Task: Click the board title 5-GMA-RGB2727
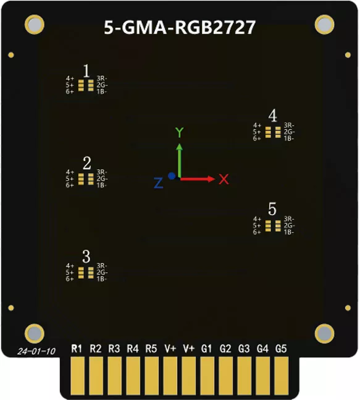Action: [180, 27]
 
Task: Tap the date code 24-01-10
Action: [36, 351]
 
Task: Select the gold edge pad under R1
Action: [77, 376]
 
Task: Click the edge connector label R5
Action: [151, 349]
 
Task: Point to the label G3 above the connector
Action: [244, 349]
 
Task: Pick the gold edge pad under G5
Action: [282, 376]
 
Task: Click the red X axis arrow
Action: [198, 179]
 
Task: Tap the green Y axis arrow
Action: [180, 161]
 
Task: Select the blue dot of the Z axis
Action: [172, 176]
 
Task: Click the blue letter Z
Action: [158, 183]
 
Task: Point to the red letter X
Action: [224, 179]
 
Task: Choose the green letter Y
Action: [180, 133]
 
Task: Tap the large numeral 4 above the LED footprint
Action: [272, 116]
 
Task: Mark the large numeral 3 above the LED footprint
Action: [86, 257]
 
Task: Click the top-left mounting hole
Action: [35, 25]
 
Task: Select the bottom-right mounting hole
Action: [325, 334]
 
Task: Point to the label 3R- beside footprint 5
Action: [289, 219]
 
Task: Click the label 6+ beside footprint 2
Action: [70, 185]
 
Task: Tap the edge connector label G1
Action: [206, 349]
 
